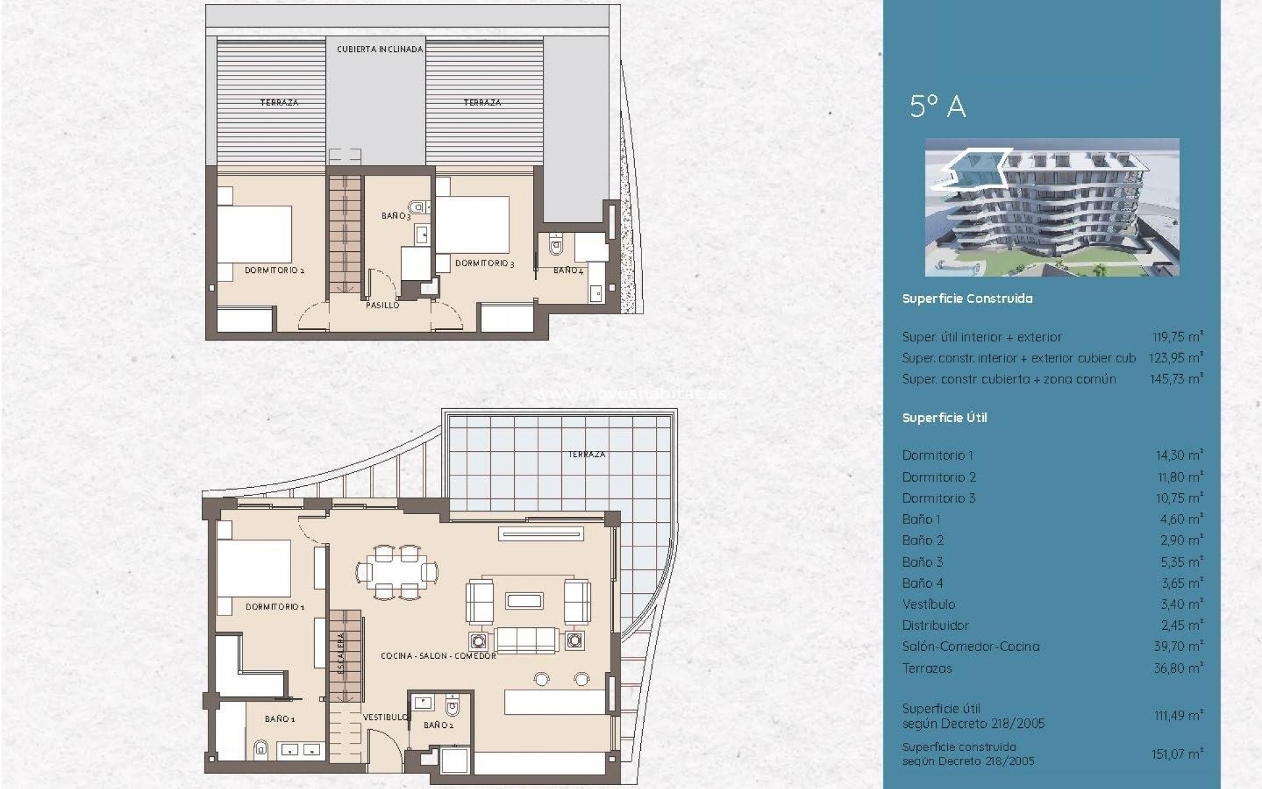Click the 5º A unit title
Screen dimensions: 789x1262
pos(937,107)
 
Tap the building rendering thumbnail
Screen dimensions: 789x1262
pos(1052,207)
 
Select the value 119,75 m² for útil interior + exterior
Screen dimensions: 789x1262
pos(1177,337)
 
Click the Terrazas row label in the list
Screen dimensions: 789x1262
pos(927,668)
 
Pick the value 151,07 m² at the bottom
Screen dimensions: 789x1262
pos(1177,754)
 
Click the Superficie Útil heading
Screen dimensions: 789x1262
pos(945,418)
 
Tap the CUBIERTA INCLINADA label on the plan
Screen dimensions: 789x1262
pos(380,49)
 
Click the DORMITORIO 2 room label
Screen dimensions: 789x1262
pos(274,270)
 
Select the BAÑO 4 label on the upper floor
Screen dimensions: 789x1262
pos(568,270)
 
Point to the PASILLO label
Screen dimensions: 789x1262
pos(382,305)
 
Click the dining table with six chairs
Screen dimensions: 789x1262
pos(397,572)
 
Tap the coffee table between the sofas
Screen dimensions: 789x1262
pos(524,600)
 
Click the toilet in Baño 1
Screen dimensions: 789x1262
pos(260,748)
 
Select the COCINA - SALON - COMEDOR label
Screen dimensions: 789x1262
pos(438,656)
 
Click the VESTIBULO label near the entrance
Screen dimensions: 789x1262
pos(385,717)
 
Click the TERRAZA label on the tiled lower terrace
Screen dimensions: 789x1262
pos(586,454)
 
